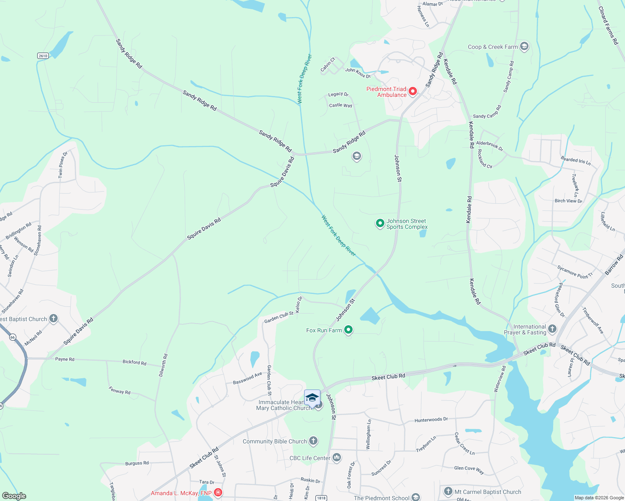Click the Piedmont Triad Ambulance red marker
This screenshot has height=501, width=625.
(413, 91)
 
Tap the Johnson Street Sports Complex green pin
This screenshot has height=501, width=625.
(380, 224)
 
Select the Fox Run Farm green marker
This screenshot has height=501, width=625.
(348, 330)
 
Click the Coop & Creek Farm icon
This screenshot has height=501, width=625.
(524, 46)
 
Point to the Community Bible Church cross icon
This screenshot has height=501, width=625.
(313, 441)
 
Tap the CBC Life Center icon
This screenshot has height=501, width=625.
(337, 458)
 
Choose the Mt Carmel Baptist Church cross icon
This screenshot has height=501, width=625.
(448, 491)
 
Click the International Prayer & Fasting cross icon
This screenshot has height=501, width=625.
(552, 329)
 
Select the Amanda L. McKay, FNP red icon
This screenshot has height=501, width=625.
(218, 493)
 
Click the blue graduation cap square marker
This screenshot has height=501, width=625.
(312, 397)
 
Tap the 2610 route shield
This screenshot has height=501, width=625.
(43, 56)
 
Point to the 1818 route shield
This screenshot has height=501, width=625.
(321, 498)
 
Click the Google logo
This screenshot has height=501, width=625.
(14, 496)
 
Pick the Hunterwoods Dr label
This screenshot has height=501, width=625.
(431, 420)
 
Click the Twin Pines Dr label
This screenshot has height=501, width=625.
(63, 165)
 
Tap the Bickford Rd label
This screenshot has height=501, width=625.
(135, 362)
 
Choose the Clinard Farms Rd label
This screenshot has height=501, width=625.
(608, 25)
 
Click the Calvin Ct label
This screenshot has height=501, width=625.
(328, 64)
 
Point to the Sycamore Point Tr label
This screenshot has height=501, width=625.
(575, 272)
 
